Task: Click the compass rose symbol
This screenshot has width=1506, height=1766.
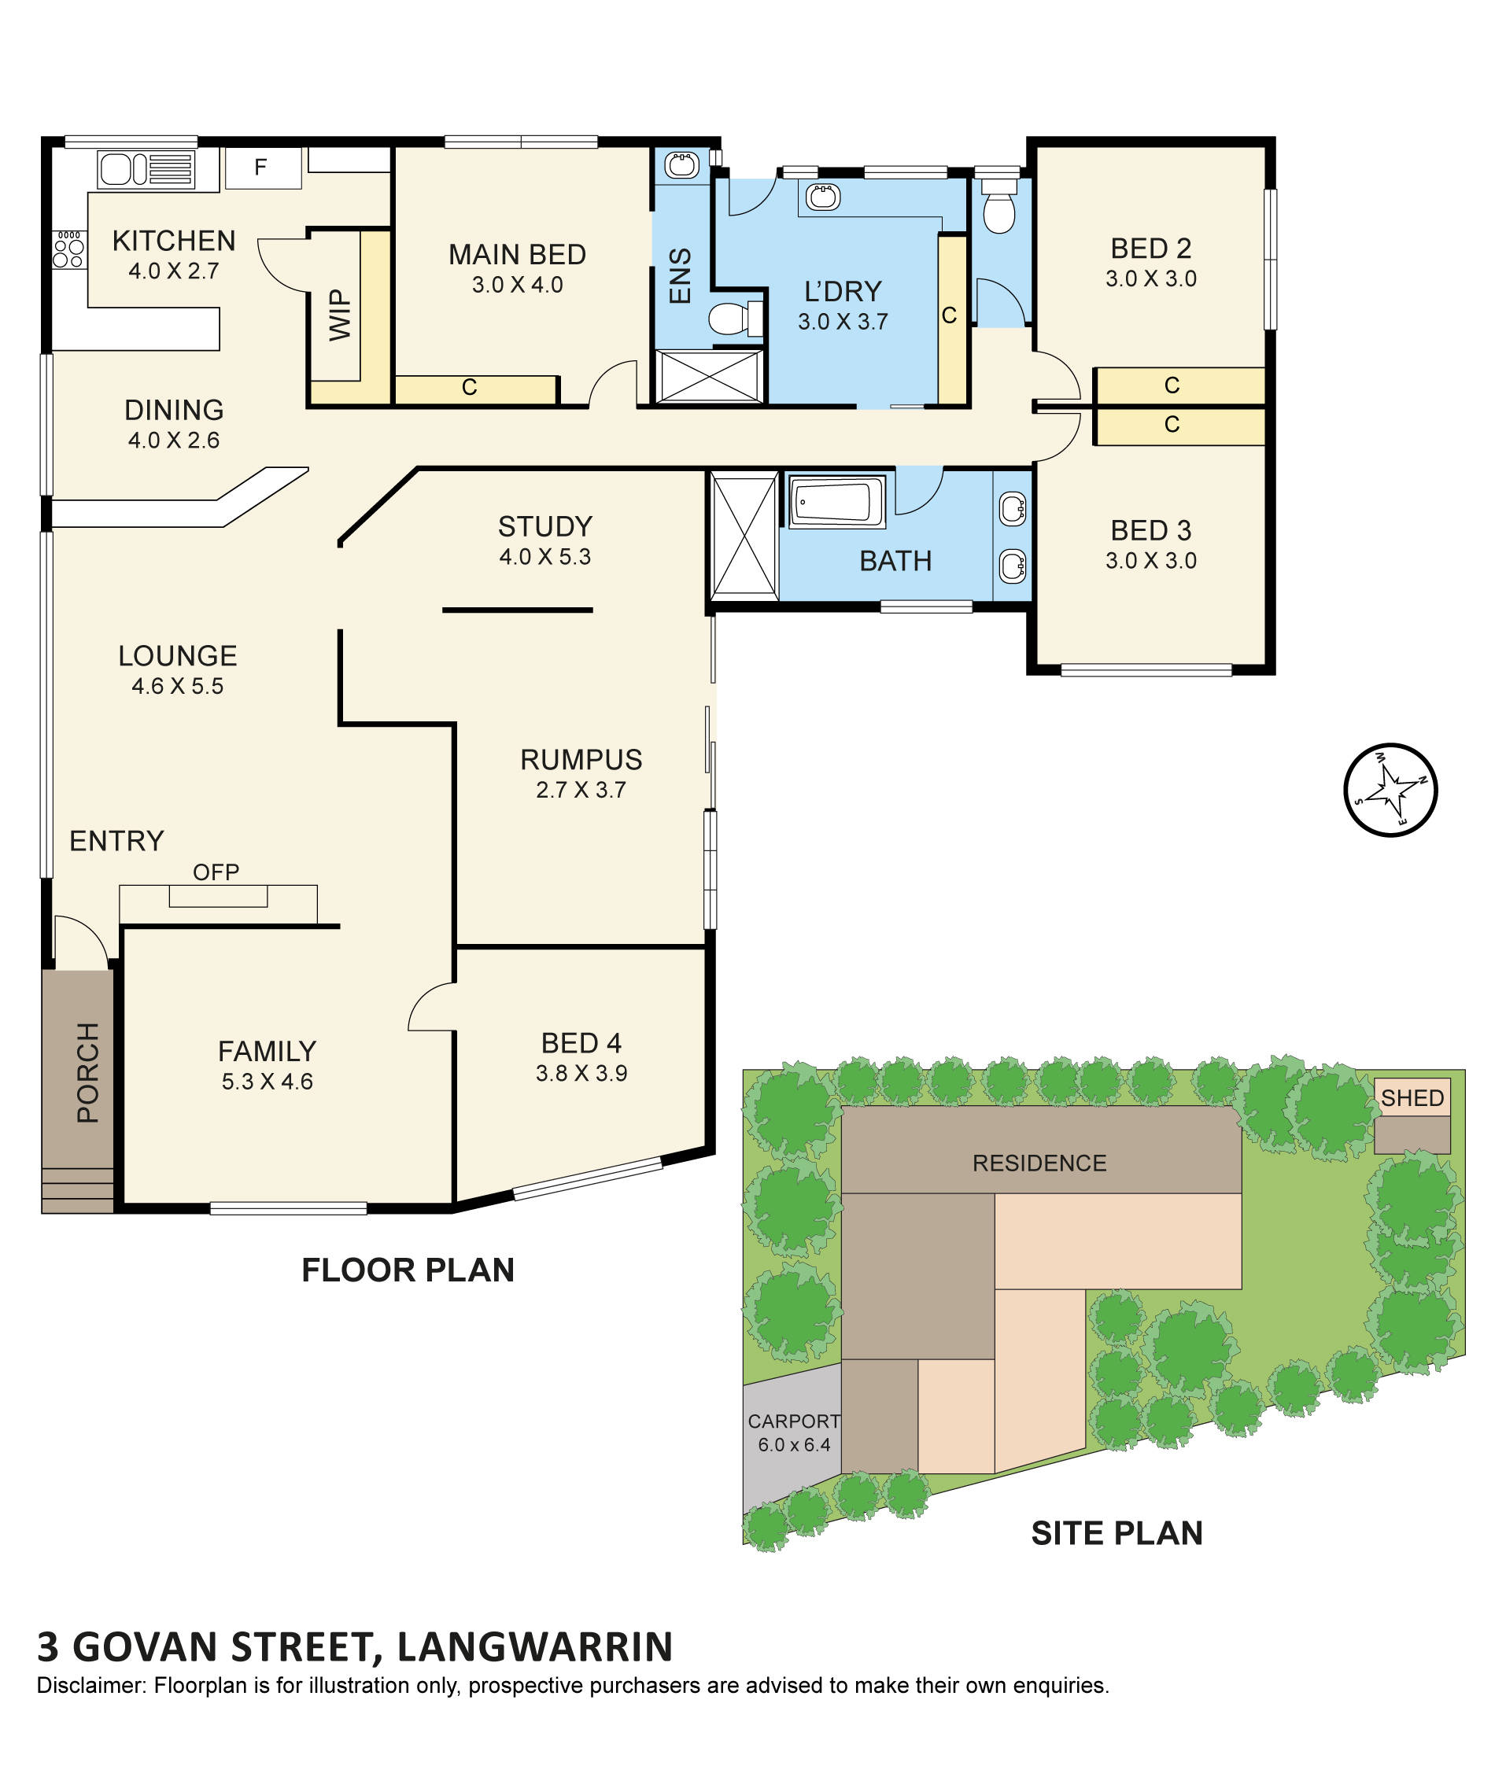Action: click(1390, 790)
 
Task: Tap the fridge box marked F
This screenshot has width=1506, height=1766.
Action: click(262, 167)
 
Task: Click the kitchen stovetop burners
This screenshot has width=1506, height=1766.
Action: click(69, 249)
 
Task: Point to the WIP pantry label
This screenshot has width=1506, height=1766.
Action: click(339, 315)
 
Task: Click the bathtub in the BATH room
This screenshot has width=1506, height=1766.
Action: click(836, 501)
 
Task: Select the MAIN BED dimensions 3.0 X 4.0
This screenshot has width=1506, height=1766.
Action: click(516, 285)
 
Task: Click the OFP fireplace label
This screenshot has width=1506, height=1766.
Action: click(216, 871)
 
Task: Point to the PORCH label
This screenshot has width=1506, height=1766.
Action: click(88, 1071)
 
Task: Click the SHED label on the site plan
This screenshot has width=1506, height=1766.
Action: click(1412, 1098)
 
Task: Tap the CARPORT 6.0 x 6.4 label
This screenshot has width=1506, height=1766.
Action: click(793, 1432)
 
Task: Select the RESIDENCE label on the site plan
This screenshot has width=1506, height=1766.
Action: click(1039, 1163)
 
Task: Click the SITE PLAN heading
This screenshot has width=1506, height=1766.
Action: click(1117, 1533)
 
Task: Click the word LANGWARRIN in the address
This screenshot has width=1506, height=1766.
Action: click(534, 1646)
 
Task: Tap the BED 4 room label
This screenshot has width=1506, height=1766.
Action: click(581, 1043)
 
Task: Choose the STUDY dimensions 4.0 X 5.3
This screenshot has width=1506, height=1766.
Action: click(544, 557)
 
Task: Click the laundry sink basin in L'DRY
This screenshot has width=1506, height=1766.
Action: click(821, 197)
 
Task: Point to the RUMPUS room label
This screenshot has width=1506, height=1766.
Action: click(581, 759)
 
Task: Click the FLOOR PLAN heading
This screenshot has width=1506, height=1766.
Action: click(408, 1270)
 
